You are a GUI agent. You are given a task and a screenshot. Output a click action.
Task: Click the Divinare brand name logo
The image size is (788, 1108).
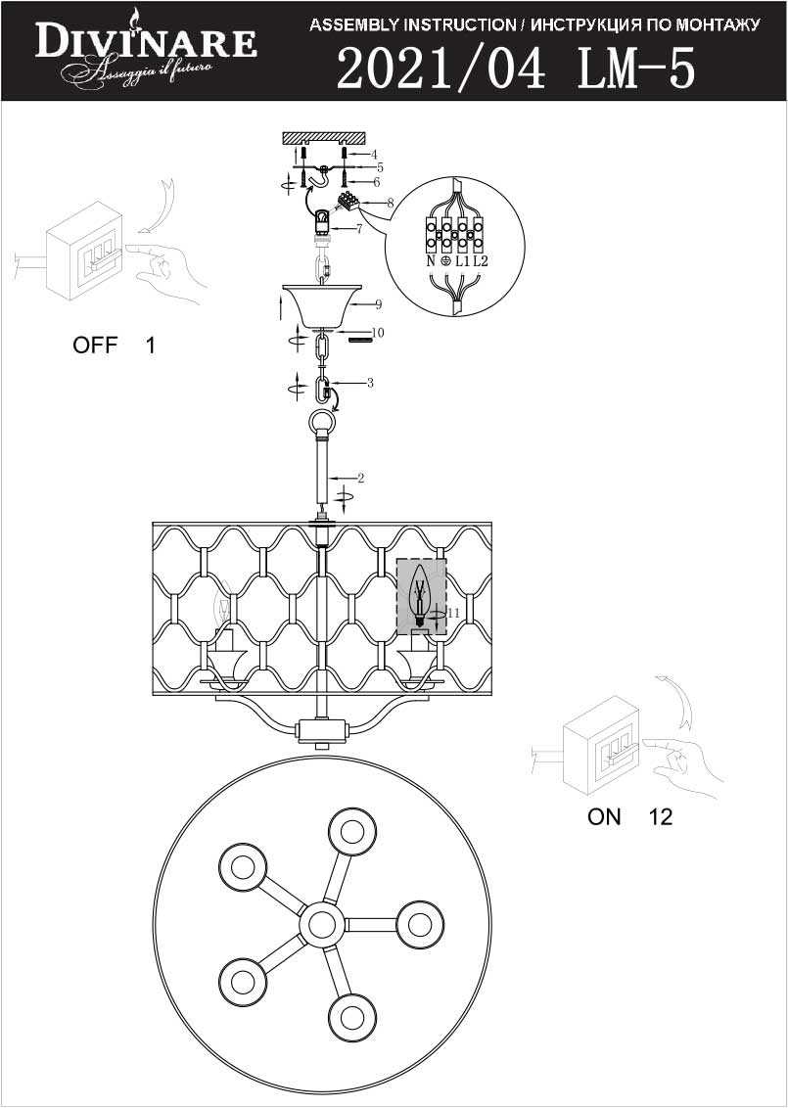pyautogui.click(x=146, y=42)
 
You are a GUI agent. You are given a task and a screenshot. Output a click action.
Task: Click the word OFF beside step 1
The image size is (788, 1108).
pyautogui.click(x=95, y=346)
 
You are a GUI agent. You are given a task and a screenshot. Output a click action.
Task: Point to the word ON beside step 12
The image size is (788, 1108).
pyautogui.click(x=604, y=817)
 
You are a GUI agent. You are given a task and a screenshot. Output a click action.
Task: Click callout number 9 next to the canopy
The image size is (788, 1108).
pyautogui.click(x=379, y=304)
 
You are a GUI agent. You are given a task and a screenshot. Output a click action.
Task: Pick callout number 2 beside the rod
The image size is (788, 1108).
pyautogui.click(x=360, y=479)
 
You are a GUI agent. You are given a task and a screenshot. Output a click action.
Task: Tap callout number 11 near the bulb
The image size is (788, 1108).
pyautogui.click(x=454, y=614)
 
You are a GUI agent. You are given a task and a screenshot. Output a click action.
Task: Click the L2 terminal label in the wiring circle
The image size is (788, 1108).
pyautogui.click(x=481, y=260)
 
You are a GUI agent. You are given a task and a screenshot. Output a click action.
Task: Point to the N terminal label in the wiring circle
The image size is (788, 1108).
pyautogui.click(x=431, y=260)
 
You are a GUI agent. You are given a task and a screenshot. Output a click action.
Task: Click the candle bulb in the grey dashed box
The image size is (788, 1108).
pyautogui.click(x=421, y=595)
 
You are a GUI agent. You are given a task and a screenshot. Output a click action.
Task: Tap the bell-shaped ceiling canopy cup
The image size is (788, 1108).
pyautogui.click(x=321, y=305)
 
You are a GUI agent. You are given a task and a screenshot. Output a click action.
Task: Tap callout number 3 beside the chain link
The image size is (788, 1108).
pyautogui.click(x=370, y=384)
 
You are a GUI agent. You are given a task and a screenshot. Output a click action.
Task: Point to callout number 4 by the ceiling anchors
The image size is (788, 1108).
pyautogui.click(x=375, y=154)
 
